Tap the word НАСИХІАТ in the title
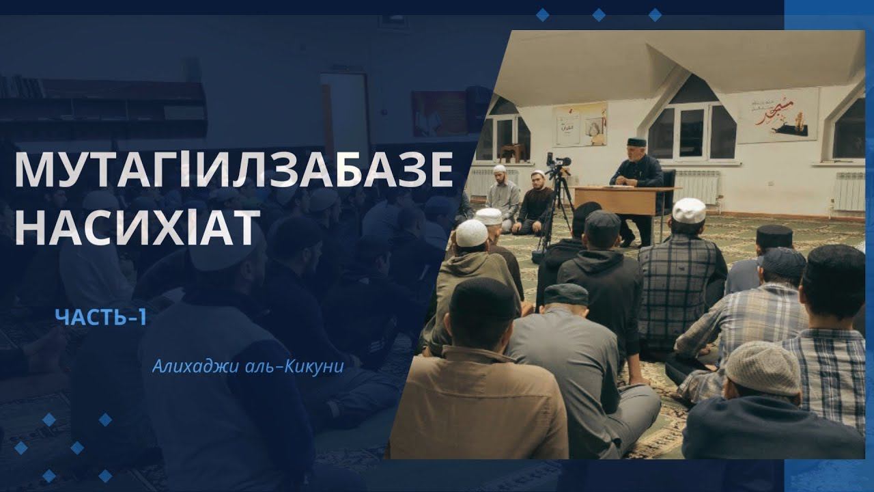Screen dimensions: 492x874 (x=137, y=227)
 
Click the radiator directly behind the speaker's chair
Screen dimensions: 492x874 (x=696, y=186)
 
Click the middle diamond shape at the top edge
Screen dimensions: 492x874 (x=599, y=14)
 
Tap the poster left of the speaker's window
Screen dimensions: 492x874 (x=580, y=124)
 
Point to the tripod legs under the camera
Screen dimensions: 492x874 (x=555, y=212)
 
